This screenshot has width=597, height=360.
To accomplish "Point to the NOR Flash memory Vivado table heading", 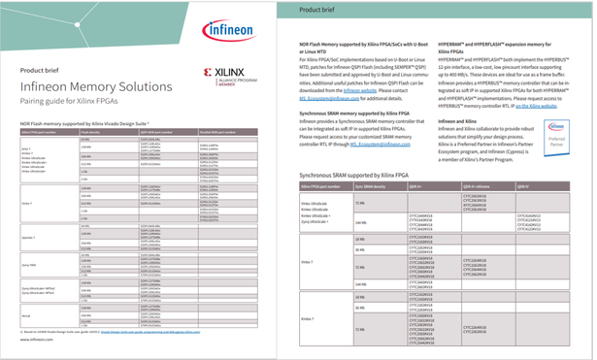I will pyautogui.click(x=84, y=124).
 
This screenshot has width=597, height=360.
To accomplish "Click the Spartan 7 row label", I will pyautogui.click(x=28, y=237).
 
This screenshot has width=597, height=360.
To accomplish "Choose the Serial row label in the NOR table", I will pyautogui.click(x=25, y=315).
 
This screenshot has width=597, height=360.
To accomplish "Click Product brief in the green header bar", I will pyautogui.click(x=317, y=9).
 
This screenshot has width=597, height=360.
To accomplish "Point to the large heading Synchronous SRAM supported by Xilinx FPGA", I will pyautogui.click(x=370, y=175).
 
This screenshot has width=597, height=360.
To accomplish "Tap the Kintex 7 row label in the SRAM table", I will pyautogui.click(x=308, y=318).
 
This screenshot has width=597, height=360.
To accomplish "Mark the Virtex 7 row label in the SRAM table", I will pyautogui.click(x=308, y=262).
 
